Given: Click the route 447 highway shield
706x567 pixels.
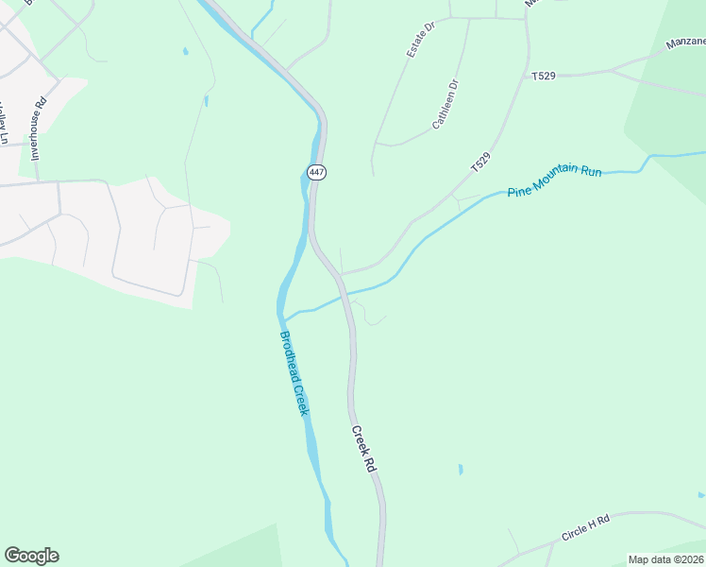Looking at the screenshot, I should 316,172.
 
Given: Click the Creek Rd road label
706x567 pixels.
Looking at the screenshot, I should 364,449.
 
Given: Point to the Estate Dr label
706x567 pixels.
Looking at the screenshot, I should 420,41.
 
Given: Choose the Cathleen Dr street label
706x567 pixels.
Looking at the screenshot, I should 445,104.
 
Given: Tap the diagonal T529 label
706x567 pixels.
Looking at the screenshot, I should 481,162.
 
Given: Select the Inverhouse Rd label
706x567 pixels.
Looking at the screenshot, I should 39,129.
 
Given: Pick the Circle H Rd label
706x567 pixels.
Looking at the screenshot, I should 585,528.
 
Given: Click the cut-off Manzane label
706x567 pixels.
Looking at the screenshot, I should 685,43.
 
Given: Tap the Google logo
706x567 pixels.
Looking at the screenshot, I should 31,556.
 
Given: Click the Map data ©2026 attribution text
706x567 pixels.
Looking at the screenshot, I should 665,559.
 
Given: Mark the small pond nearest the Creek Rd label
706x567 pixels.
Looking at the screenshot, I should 461,469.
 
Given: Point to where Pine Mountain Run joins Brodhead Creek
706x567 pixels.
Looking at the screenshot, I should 287,318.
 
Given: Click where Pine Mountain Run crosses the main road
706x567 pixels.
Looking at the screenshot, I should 346,295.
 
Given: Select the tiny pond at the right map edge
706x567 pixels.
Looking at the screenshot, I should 701,494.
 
